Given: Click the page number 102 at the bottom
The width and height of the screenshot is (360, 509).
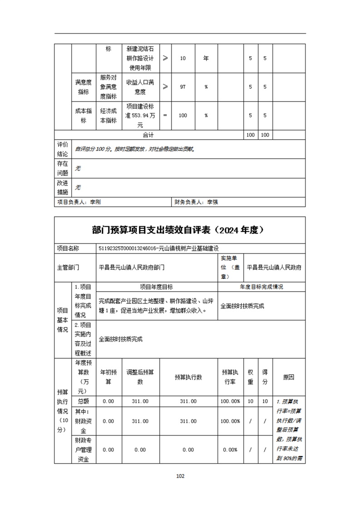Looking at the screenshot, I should (180, 476).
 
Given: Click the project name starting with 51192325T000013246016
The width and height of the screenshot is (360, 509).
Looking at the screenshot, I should (159, 248).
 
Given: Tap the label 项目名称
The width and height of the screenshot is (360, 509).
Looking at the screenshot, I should (68, 248).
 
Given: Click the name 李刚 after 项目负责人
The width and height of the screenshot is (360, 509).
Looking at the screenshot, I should (95, 202).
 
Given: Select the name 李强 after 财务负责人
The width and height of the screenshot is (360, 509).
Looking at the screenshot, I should (212, 202).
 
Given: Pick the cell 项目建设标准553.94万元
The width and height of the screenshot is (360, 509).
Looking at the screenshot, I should (140, 115).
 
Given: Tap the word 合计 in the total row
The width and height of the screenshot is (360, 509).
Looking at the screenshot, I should (148, 135).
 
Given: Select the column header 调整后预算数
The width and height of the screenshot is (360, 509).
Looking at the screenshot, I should (140, 377).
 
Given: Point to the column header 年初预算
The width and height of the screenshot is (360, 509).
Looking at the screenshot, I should (108, 377).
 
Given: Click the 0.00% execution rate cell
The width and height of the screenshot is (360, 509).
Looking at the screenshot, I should (231, 450).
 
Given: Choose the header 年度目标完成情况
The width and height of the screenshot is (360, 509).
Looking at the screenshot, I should (261, 287).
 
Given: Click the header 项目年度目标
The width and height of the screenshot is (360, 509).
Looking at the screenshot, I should (157, 287).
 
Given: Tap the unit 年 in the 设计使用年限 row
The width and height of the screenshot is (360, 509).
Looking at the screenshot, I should (206, 59).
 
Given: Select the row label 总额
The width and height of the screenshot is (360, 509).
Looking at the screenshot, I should (84, 401).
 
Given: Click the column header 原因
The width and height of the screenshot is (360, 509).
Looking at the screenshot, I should (289, 377).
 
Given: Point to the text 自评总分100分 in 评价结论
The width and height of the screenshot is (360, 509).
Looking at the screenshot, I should (94, 148).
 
